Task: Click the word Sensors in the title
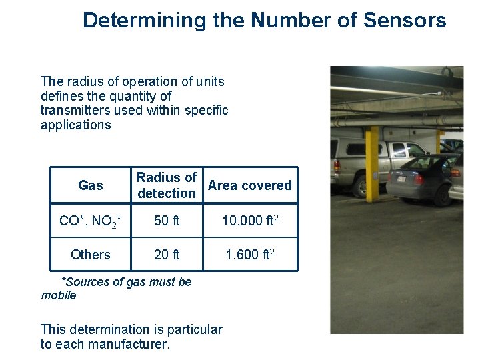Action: pyautogui.click(x=405, y=20)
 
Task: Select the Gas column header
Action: pyautogui.click(x=90, y=185)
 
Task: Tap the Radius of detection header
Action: pyautogui.click(x=167, y=185)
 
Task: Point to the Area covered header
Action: pyautogui.click(x=250, y=185)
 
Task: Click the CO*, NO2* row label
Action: pyautogui.click(x=90, y=221)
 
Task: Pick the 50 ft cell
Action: pyautogui.click(x=167, y=221)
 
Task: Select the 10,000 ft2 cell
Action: pyautogui.click(x=250, y=221)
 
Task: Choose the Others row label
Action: pyautogui.click(x=90, y=255)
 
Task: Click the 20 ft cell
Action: pyautogui.click(x=167, y=255)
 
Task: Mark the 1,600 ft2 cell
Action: pyautogui.click(x=250, y=255)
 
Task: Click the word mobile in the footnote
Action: pyautogui.click(x=59, y=295)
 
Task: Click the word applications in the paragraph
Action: pyautogui.click(x=75, y=125)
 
